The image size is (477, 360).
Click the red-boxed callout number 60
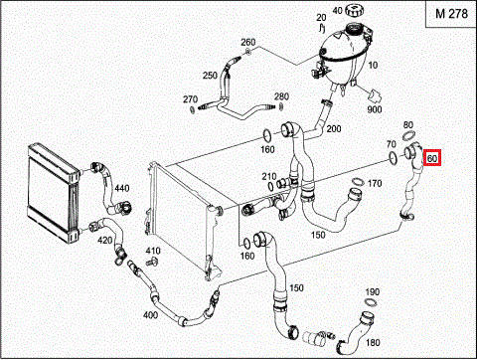432,158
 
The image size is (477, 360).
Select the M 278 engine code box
451,14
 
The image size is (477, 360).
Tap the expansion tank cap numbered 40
355,10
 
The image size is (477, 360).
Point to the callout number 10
373,65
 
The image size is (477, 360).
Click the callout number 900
375,109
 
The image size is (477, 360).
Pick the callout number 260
248,43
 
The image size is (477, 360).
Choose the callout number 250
210,76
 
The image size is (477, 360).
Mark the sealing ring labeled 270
192,109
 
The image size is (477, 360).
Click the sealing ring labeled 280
281,106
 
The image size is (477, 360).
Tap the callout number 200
334,128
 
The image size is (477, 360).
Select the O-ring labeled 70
393,157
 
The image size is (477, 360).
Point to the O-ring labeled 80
409,135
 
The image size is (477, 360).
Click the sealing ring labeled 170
358,182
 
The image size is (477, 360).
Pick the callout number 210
269,176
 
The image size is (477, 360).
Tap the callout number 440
122,189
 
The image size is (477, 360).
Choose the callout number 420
104,240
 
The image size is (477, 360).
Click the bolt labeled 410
152,262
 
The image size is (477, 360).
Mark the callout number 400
150,315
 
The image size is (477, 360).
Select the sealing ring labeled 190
371,302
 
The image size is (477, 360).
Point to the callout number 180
373,342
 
